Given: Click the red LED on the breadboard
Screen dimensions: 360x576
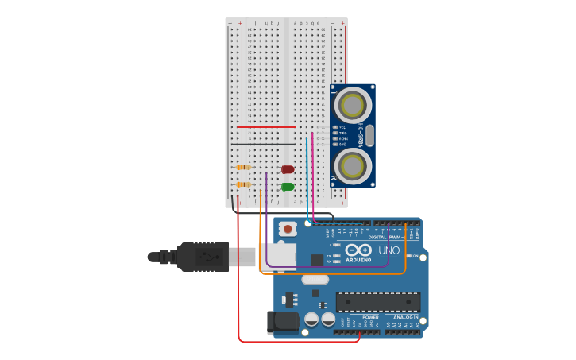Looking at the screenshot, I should (288, 169).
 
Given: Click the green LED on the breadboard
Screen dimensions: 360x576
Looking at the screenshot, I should (288, 187).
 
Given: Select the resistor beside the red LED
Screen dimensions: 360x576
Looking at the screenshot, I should (244, 168).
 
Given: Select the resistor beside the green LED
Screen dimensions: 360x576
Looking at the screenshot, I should (244, 184).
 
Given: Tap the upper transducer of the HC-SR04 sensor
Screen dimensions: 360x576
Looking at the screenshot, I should (352, 105).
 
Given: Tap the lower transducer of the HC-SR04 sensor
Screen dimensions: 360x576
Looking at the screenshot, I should (352, 165).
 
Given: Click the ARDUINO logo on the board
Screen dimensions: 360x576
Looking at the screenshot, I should (358, 260).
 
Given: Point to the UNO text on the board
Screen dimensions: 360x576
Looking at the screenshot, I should (389, 250).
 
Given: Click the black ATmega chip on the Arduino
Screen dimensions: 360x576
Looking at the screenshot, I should (377, 302).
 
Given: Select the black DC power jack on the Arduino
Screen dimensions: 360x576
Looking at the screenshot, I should (281, 322).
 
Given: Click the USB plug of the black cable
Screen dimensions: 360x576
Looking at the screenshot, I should (203, 257).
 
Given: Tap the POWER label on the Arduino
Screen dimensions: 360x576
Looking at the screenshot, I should (370, 317).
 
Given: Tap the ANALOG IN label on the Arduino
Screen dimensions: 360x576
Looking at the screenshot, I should (406, 317).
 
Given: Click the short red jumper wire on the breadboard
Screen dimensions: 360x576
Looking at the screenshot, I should (266, 127).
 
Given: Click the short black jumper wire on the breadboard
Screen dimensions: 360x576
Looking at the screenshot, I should (266, 144).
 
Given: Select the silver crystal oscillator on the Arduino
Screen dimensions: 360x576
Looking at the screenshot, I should (315, 279).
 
